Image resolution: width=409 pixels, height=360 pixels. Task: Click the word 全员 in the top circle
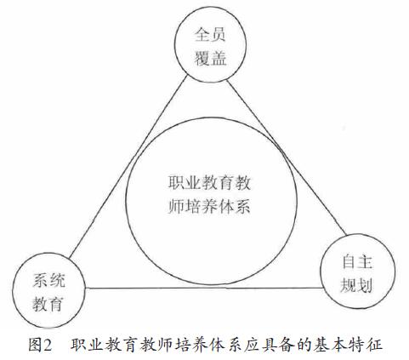[x=210, y=35]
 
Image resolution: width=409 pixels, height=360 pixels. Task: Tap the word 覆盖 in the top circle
[x=210, y=59]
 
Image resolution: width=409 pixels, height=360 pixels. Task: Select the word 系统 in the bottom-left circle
[x=48, y=280]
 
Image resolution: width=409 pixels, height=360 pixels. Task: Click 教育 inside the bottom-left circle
[x=48, y=304]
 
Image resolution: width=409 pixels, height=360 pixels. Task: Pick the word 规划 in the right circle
[x=356, y=285]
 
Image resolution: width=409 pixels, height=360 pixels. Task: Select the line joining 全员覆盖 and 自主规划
[x=287, y=157]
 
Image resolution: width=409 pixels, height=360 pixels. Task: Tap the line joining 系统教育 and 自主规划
[x=204, y=289]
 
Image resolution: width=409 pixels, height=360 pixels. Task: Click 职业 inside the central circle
[x=185, y=183]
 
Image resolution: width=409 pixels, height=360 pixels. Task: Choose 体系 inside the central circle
[x=234, y=206]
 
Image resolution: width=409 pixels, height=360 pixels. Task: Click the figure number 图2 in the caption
[x=40, y=345]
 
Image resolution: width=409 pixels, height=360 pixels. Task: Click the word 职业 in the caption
[x=87, y=345]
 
